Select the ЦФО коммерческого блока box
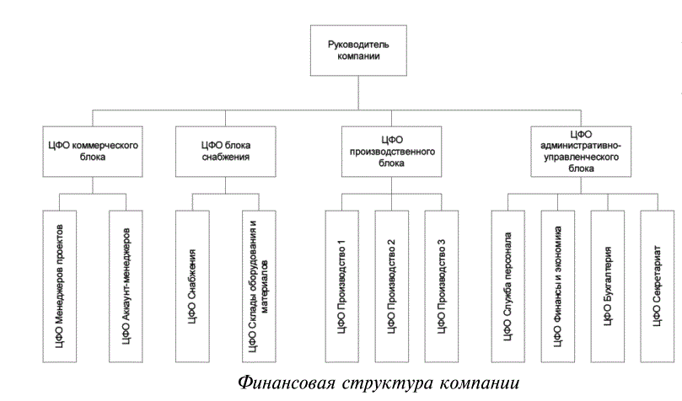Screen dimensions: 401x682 pos(92,150)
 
